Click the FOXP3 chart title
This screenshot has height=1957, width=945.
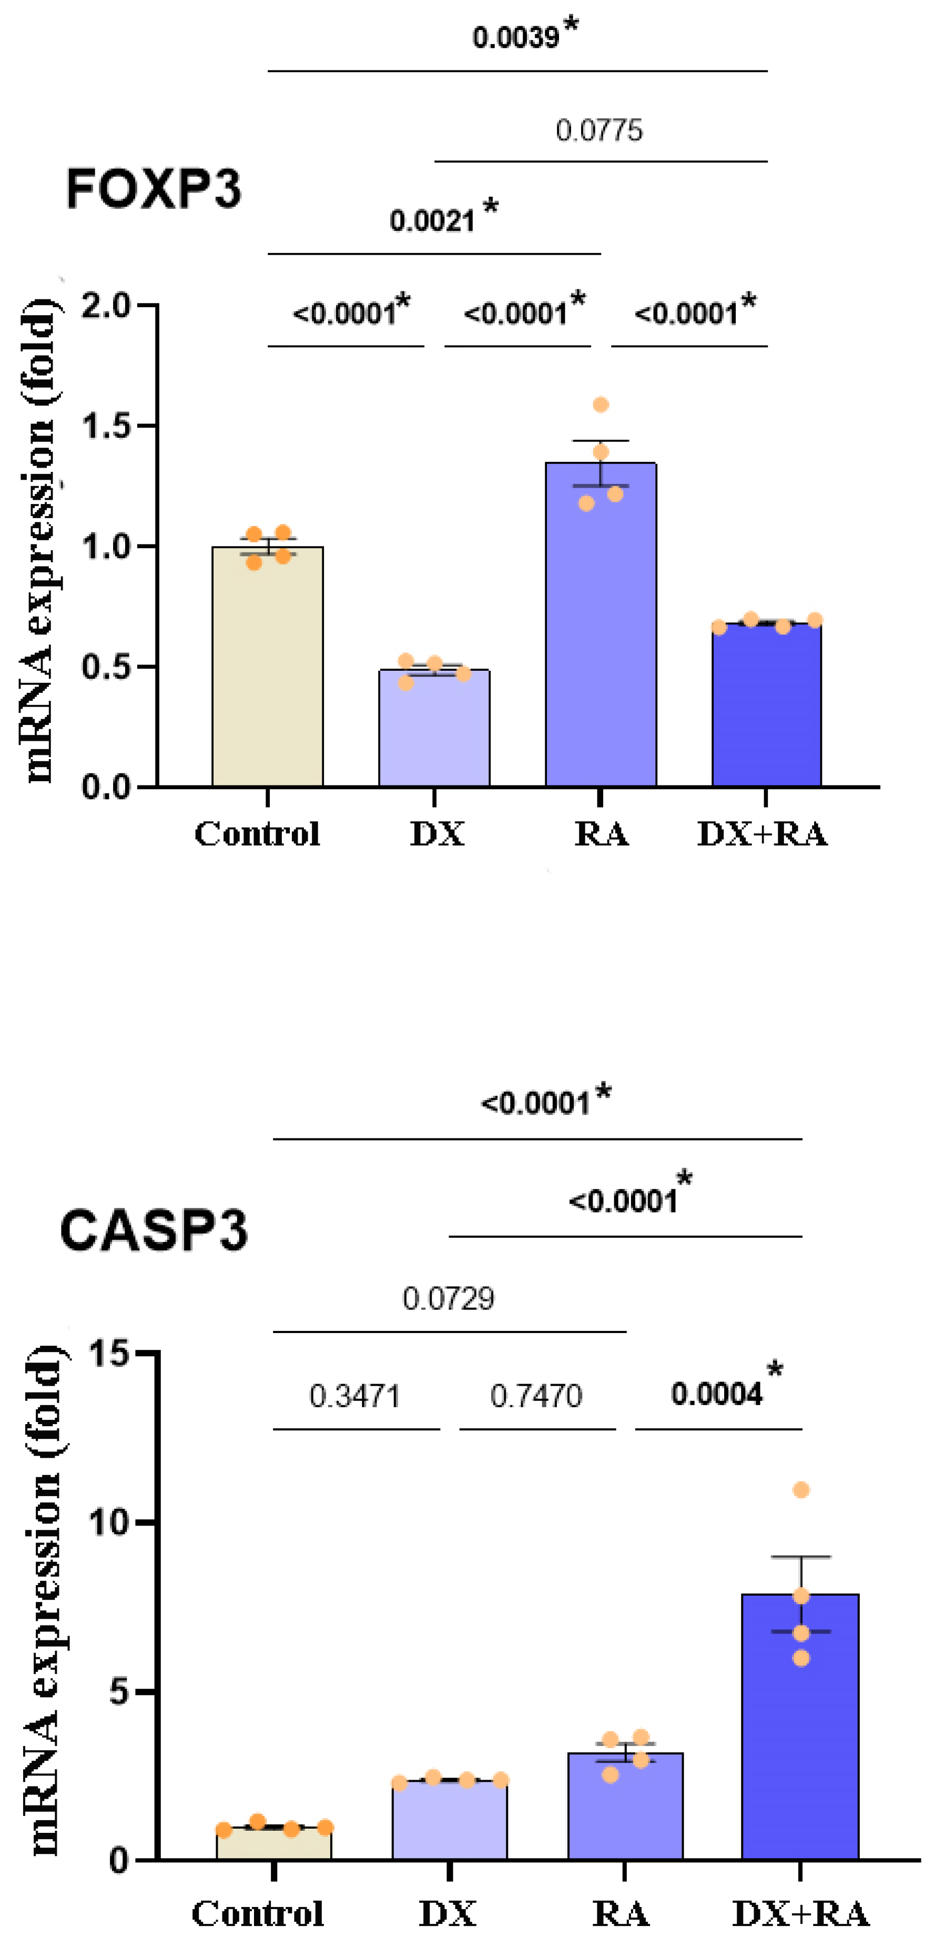(154, 189)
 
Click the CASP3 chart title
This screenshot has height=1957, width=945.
(154, 1230)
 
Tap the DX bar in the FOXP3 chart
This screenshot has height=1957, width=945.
(434, 729)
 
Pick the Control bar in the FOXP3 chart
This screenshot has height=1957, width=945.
(267, 669)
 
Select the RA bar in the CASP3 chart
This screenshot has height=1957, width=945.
(625, 1808)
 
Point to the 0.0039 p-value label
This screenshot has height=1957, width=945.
(516, 36)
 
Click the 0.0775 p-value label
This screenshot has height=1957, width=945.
(598, 130)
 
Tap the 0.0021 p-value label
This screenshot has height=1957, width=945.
(432, 220)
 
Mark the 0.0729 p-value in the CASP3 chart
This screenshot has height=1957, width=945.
(448, 1298)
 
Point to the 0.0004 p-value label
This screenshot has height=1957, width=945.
(716, 1394)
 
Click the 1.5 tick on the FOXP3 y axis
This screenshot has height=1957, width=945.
(106, 426)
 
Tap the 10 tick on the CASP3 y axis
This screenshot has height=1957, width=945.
(110, 1522)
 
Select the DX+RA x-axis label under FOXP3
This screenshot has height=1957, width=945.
(762, 834)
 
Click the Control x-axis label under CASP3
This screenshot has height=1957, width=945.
(258, 1914)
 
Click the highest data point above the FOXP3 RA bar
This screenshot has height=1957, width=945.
(601, 404)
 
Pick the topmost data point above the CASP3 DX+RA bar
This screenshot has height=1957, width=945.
(801, 1490)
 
